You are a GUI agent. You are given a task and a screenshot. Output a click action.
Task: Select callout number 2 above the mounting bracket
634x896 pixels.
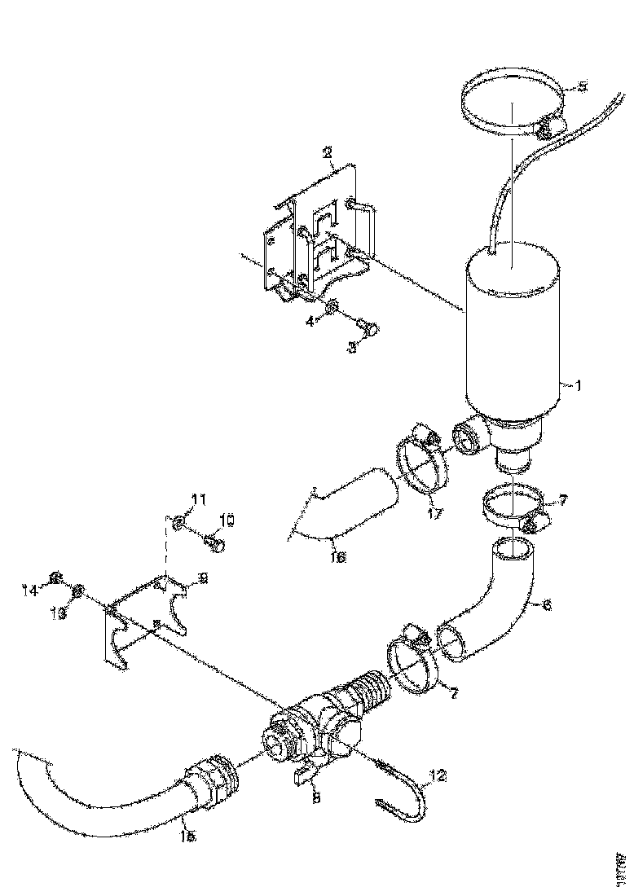pyautogui.click(x=326, y=152)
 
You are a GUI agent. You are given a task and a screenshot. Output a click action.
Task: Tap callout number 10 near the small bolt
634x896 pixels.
pyautogui.click(x=227, y=519)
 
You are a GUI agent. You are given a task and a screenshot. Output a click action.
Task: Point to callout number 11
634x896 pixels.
pyautogui.click(x=199, y=499)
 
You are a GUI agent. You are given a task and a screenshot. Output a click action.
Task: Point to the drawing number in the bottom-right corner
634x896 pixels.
pyautogui.click(x=621, y=865)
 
